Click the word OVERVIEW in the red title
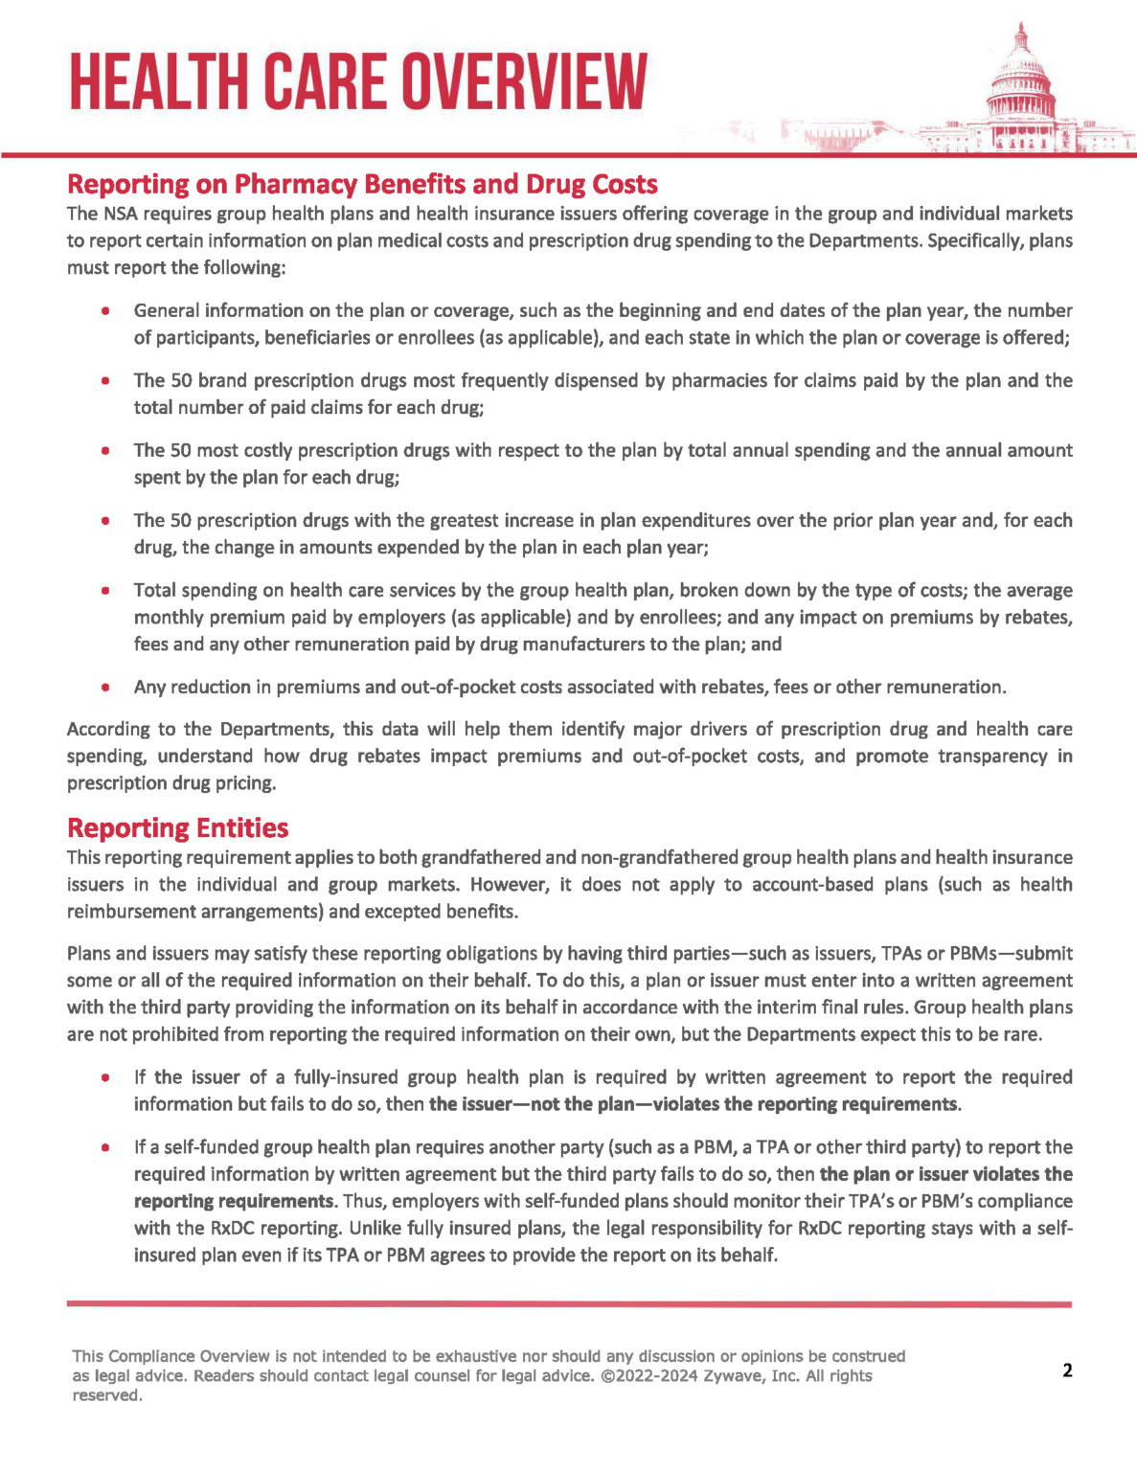pos(524,82)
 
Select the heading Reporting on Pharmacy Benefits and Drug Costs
pos(362,184)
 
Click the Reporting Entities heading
pos(177,827)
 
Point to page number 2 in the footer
pos(1067,1370)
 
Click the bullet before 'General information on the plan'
pos(105,311)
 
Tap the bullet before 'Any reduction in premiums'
pos(105,688)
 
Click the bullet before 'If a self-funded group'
pos(105,1147)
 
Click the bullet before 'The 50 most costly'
pos(105,451)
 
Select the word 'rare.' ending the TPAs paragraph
pos(1022,1034)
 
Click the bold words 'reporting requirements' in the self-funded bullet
pos(234,1201)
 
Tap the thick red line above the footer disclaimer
pos(569,1304)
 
